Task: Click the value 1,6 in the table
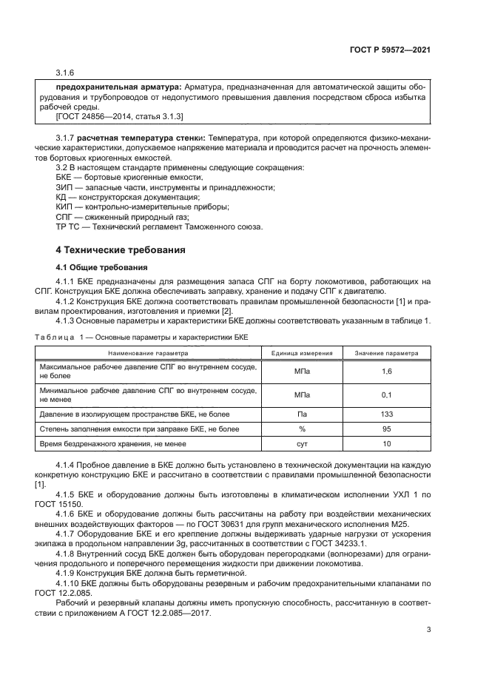tap(386, 371)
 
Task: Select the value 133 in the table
tap(386, 414)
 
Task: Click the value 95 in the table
tap(386, 429)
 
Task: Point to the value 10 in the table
tap(386, 443)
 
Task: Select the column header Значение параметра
tap(386, 353)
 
